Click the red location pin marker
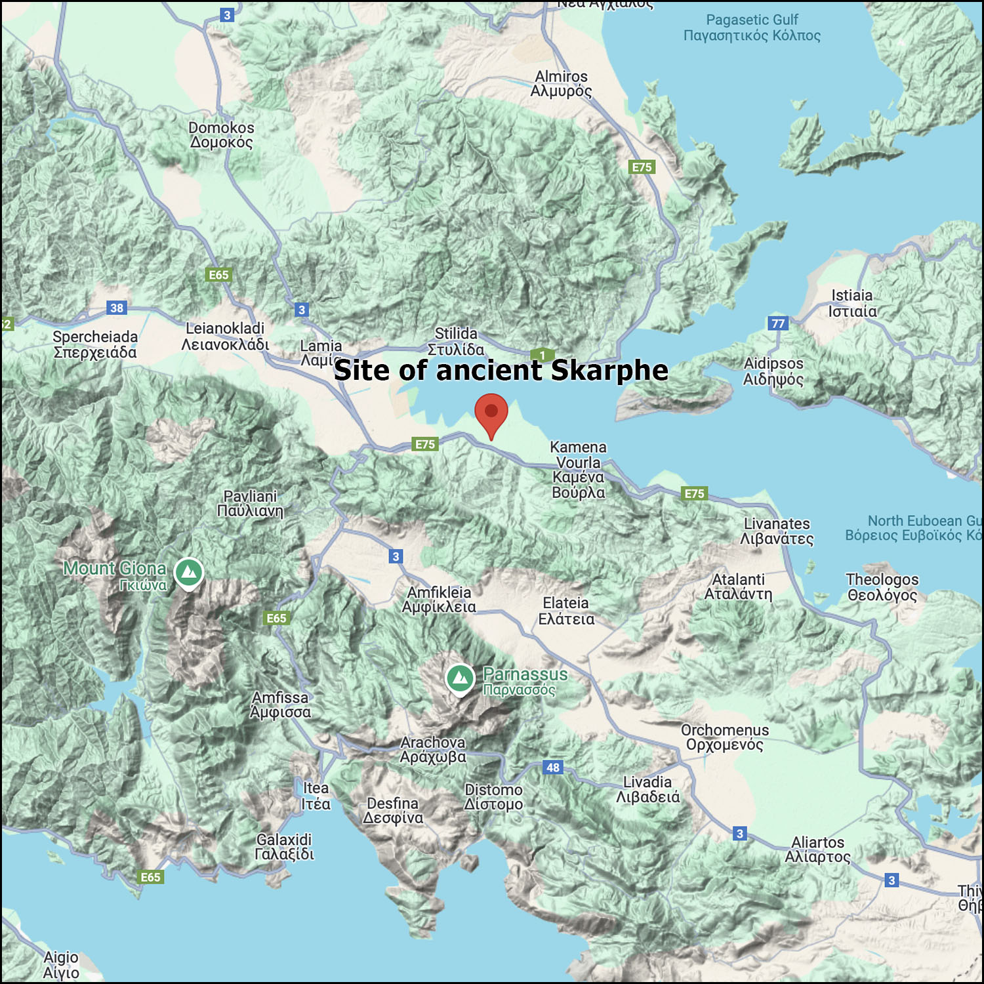point(491,413)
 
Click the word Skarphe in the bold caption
point(609,371)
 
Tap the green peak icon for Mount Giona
point(189,572)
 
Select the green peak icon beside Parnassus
point(460,678)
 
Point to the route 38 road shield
point(117,308)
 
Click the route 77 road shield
point(778,323)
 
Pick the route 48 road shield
point(553,768)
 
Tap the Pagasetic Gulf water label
point(752,28)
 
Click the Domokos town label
point(221,135)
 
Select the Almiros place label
point(561,84)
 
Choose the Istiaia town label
point(852,303)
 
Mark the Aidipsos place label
point(773,371)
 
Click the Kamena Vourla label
point(578,470)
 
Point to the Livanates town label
point(777,531)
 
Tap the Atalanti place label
point(738,586)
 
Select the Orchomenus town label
point(725,737)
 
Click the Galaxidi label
point(284,847)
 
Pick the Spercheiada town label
point(95,344)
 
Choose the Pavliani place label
point(250,503)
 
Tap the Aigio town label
point(61,965)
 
